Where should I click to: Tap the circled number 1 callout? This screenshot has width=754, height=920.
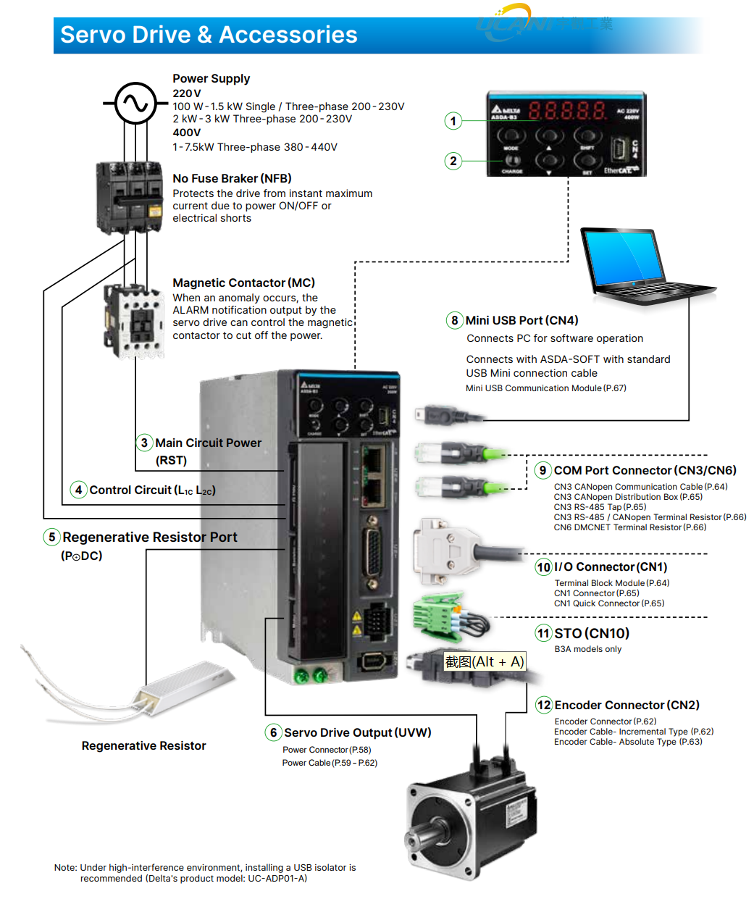[453, 121]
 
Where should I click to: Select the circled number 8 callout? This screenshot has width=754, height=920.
[455, 320]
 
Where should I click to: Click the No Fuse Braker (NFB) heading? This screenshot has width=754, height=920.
[232, 178]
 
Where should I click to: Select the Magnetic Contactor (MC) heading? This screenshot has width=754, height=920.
[243, 283]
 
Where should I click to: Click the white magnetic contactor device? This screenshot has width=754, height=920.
[135, 319]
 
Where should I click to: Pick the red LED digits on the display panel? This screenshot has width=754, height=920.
[567, 111]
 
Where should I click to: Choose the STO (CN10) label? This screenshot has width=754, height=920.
[592, 633]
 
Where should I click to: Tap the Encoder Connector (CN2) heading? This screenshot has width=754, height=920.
[627, 705]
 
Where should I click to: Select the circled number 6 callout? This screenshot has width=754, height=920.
[273, 732]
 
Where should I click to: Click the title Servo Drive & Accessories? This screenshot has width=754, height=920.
[209, 35]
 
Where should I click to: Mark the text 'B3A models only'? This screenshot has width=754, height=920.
[587, 649]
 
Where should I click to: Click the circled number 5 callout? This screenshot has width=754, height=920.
[51, 537]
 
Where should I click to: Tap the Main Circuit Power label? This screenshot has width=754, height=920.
[208, 443]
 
